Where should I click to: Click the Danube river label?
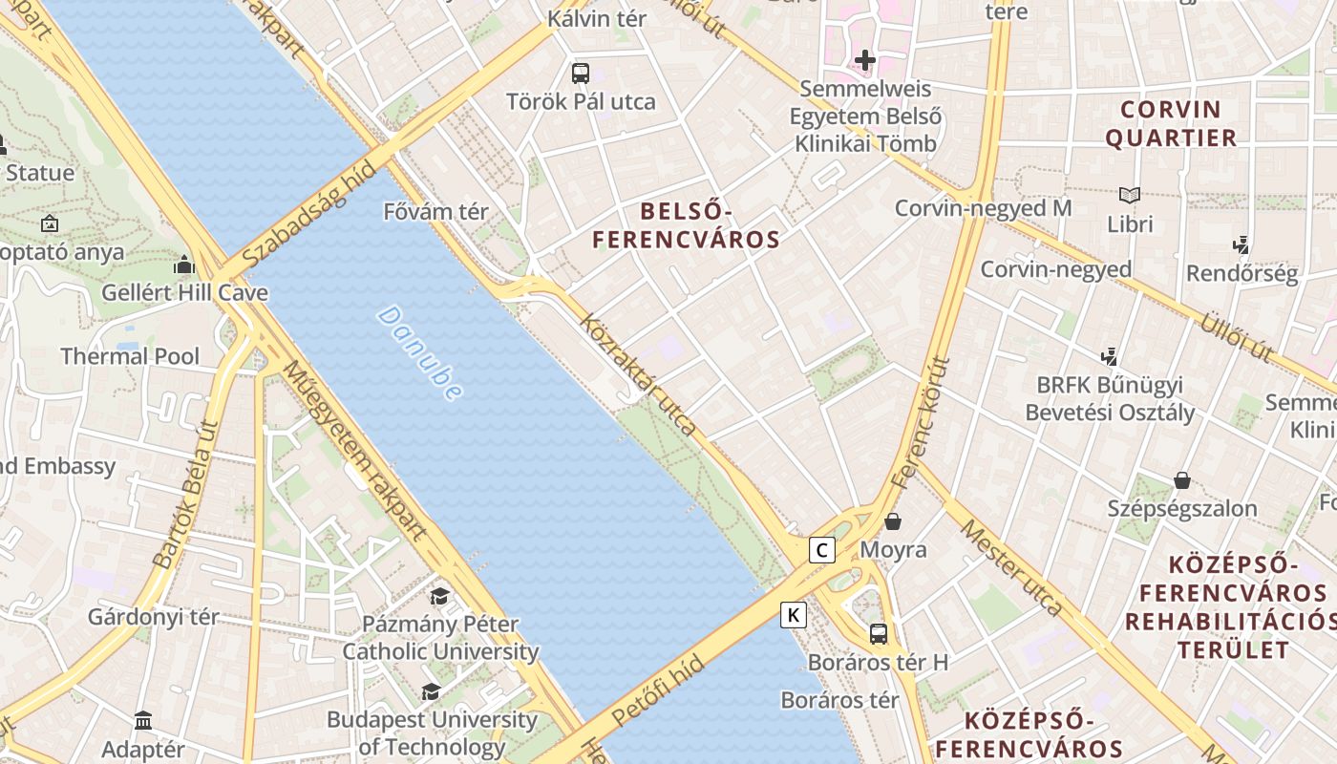(x=420, y=352)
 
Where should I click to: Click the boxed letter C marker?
(x=821, y=550)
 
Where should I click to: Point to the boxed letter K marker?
(x=793, y=615)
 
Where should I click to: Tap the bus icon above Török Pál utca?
(x=580, y=73)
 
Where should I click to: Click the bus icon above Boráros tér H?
(x=878, y=633)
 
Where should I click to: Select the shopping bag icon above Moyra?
(x=893, y=521)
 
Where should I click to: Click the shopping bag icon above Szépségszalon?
(x=1182, y=479)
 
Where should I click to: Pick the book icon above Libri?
(x=1130, y=195)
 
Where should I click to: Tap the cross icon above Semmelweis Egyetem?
(x=865, y=60)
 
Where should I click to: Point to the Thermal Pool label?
(x=130, y=357)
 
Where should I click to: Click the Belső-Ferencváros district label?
(x=686, y=225)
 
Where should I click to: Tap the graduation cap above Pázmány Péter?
(x=439, y=597)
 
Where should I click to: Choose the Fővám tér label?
(x=435, y=212)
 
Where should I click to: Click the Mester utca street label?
(x=1011, y=567)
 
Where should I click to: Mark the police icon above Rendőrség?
(x=1241, y=245)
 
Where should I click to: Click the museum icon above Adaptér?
(x=143, y=720)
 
